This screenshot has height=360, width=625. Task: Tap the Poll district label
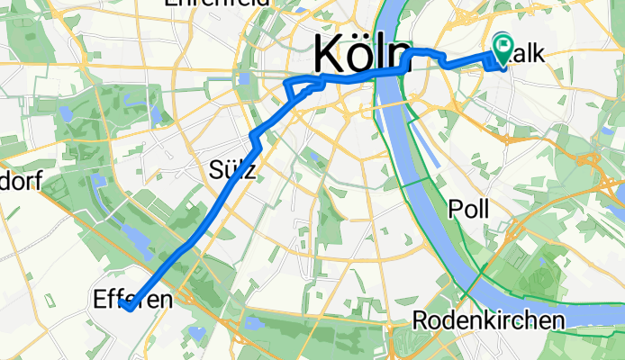(x=468, y=209)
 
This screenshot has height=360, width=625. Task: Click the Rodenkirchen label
(x=489, y=320)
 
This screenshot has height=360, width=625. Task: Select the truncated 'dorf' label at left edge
(x=20, y=184)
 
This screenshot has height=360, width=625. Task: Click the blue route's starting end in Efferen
(x=125, y=307)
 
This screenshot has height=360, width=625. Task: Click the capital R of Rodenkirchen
(x=421, y=320)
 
